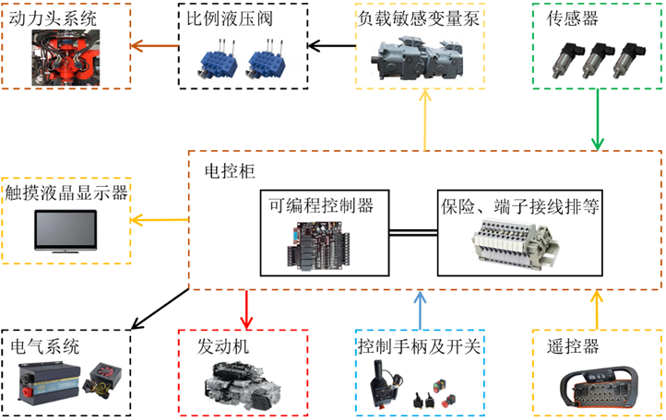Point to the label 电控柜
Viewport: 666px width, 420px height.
pyautogui.click(x=223, y=171)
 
